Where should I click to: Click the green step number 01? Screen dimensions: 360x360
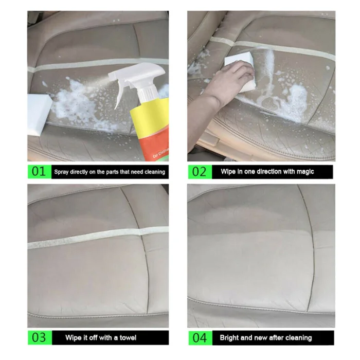39,171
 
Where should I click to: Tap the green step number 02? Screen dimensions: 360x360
199,172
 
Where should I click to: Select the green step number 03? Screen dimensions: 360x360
39,337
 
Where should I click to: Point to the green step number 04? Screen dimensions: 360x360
200,338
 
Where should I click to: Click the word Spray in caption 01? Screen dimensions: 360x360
61,172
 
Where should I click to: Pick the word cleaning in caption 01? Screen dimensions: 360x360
155,172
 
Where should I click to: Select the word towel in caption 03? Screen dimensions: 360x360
128,337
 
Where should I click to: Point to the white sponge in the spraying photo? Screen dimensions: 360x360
39,115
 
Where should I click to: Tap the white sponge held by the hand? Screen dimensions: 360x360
241,69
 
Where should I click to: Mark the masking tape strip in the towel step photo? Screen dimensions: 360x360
98,238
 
